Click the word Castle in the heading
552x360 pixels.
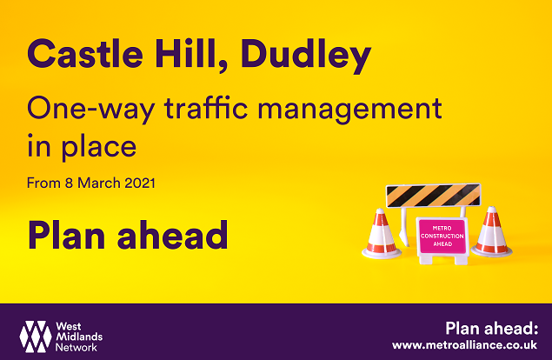click(85, 54)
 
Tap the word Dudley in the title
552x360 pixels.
click(306, 56)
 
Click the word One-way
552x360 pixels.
click(90, 110)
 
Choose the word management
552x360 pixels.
click(349, 110)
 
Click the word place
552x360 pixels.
click(99, 147)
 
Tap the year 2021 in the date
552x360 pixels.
click(140, 183)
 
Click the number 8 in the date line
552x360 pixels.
click(69, 183)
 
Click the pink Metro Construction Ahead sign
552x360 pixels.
click(442, 237)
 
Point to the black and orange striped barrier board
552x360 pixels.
click(434, 196)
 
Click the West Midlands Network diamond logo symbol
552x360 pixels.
click(35, 337)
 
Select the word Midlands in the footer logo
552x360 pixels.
click(79, 337)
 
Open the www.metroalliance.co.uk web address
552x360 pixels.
click(465, 345)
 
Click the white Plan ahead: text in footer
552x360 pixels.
click(492, 329)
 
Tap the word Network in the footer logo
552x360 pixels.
click(76, 348)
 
